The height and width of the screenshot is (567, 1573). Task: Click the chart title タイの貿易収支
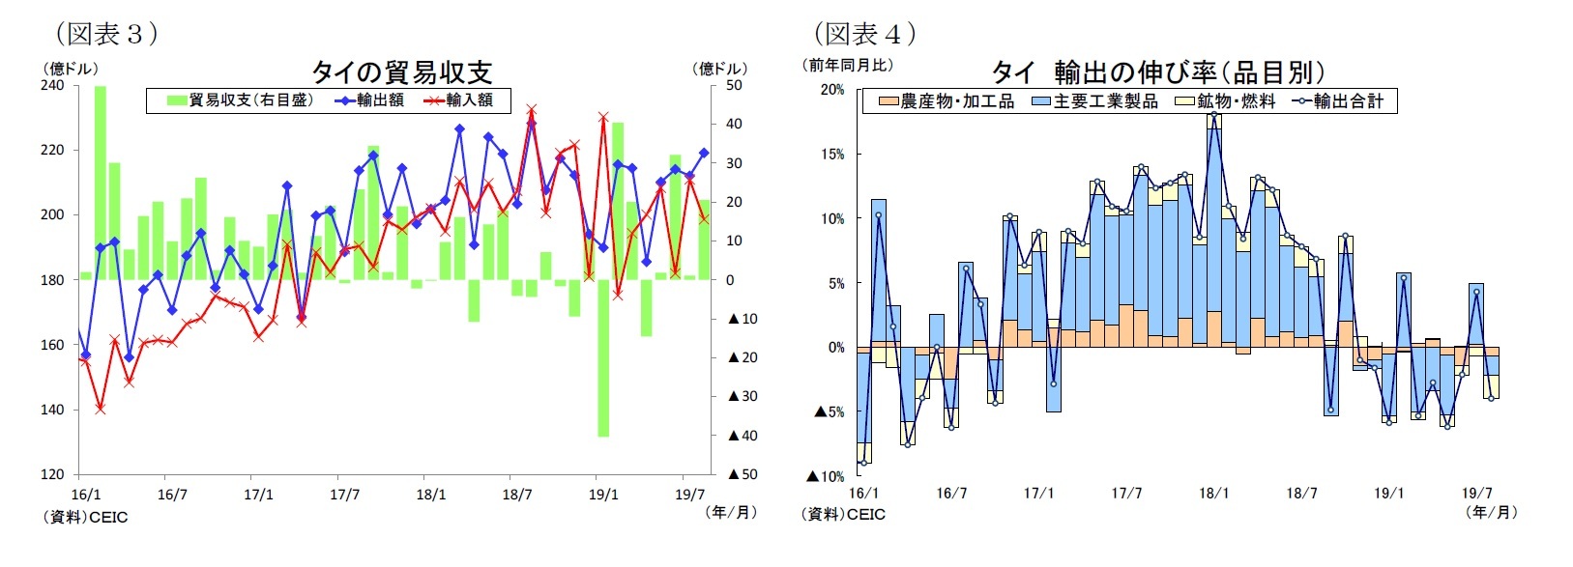coord(401,71)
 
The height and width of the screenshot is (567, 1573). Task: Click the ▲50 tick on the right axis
coord(742,474)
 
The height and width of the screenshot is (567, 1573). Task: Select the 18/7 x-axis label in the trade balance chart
coord(517,496)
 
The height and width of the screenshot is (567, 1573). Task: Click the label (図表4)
coord(864,34)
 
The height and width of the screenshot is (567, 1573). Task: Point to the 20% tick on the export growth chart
coord(831,90)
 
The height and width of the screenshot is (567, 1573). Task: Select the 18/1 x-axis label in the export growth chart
coord(1214,494)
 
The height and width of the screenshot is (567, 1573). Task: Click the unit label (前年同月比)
coord(848,66)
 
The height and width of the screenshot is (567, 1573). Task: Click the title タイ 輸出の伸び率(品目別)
coord(1157,72)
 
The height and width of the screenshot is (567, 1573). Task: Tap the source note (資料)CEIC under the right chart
coord(843,515)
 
